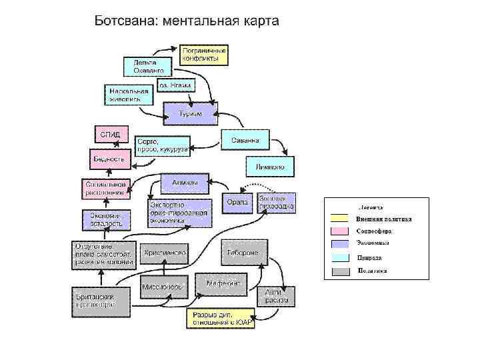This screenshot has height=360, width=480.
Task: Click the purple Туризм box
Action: (191, 113)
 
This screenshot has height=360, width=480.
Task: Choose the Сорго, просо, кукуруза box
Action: (162, 146)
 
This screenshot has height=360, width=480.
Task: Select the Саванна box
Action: (245, 139)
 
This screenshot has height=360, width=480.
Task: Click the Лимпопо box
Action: (270, 167)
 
